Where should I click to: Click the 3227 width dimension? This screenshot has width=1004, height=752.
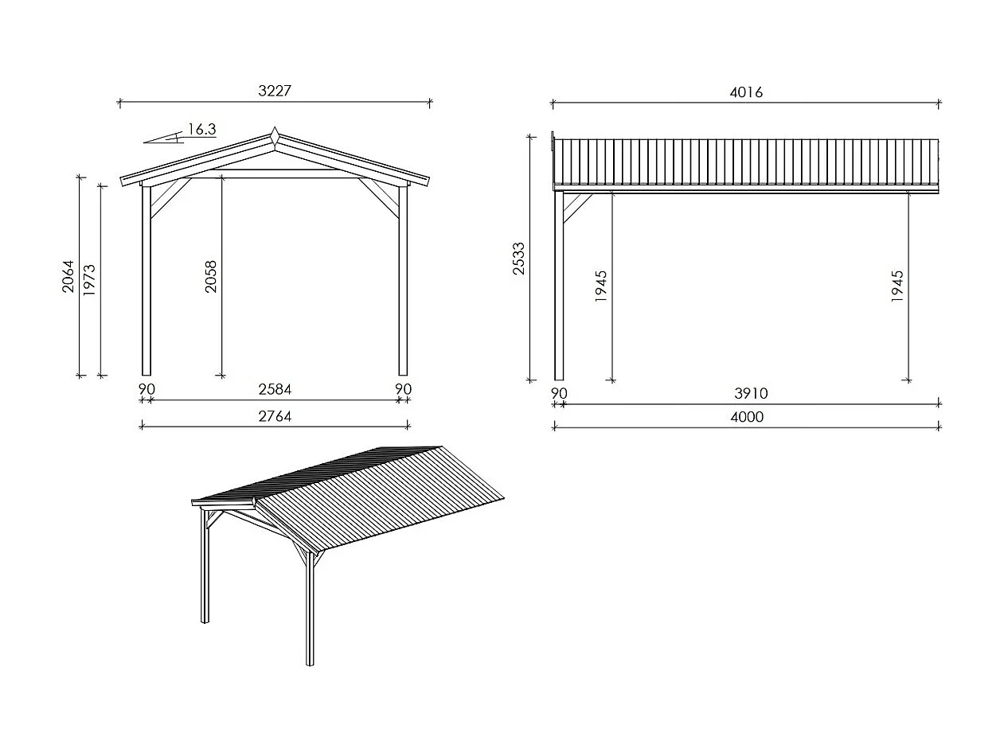click(275, 91)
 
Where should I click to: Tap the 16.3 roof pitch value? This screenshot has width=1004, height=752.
click(201, 130)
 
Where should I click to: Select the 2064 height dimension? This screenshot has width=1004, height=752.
click(68, 276)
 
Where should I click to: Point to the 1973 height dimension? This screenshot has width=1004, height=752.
click(89, 279)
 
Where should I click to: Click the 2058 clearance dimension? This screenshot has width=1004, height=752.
click(211, 276)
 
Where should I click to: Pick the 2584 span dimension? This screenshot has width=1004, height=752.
click(275, 389)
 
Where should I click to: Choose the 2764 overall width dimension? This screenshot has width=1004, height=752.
click(275, 416)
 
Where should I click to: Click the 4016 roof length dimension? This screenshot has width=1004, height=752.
click(746, 92)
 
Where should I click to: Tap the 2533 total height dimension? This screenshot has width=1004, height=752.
click(519, 259)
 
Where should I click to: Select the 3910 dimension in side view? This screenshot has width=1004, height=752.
click(751, 394)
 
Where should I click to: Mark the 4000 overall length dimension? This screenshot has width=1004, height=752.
click(746, 417)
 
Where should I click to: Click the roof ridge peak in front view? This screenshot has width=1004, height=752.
click(274, 131)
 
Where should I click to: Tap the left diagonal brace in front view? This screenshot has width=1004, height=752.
click(170, 198)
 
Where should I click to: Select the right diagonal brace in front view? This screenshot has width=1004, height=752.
click(379, 198)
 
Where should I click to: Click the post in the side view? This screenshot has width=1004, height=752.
click(559, 286)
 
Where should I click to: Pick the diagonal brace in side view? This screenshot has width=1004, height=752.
click(576, 207)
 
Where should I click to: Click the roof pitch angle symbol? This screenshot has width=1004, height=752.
click(163, 139)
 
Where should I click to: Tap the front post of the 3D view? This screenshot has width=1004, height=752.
click(310, 609)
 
